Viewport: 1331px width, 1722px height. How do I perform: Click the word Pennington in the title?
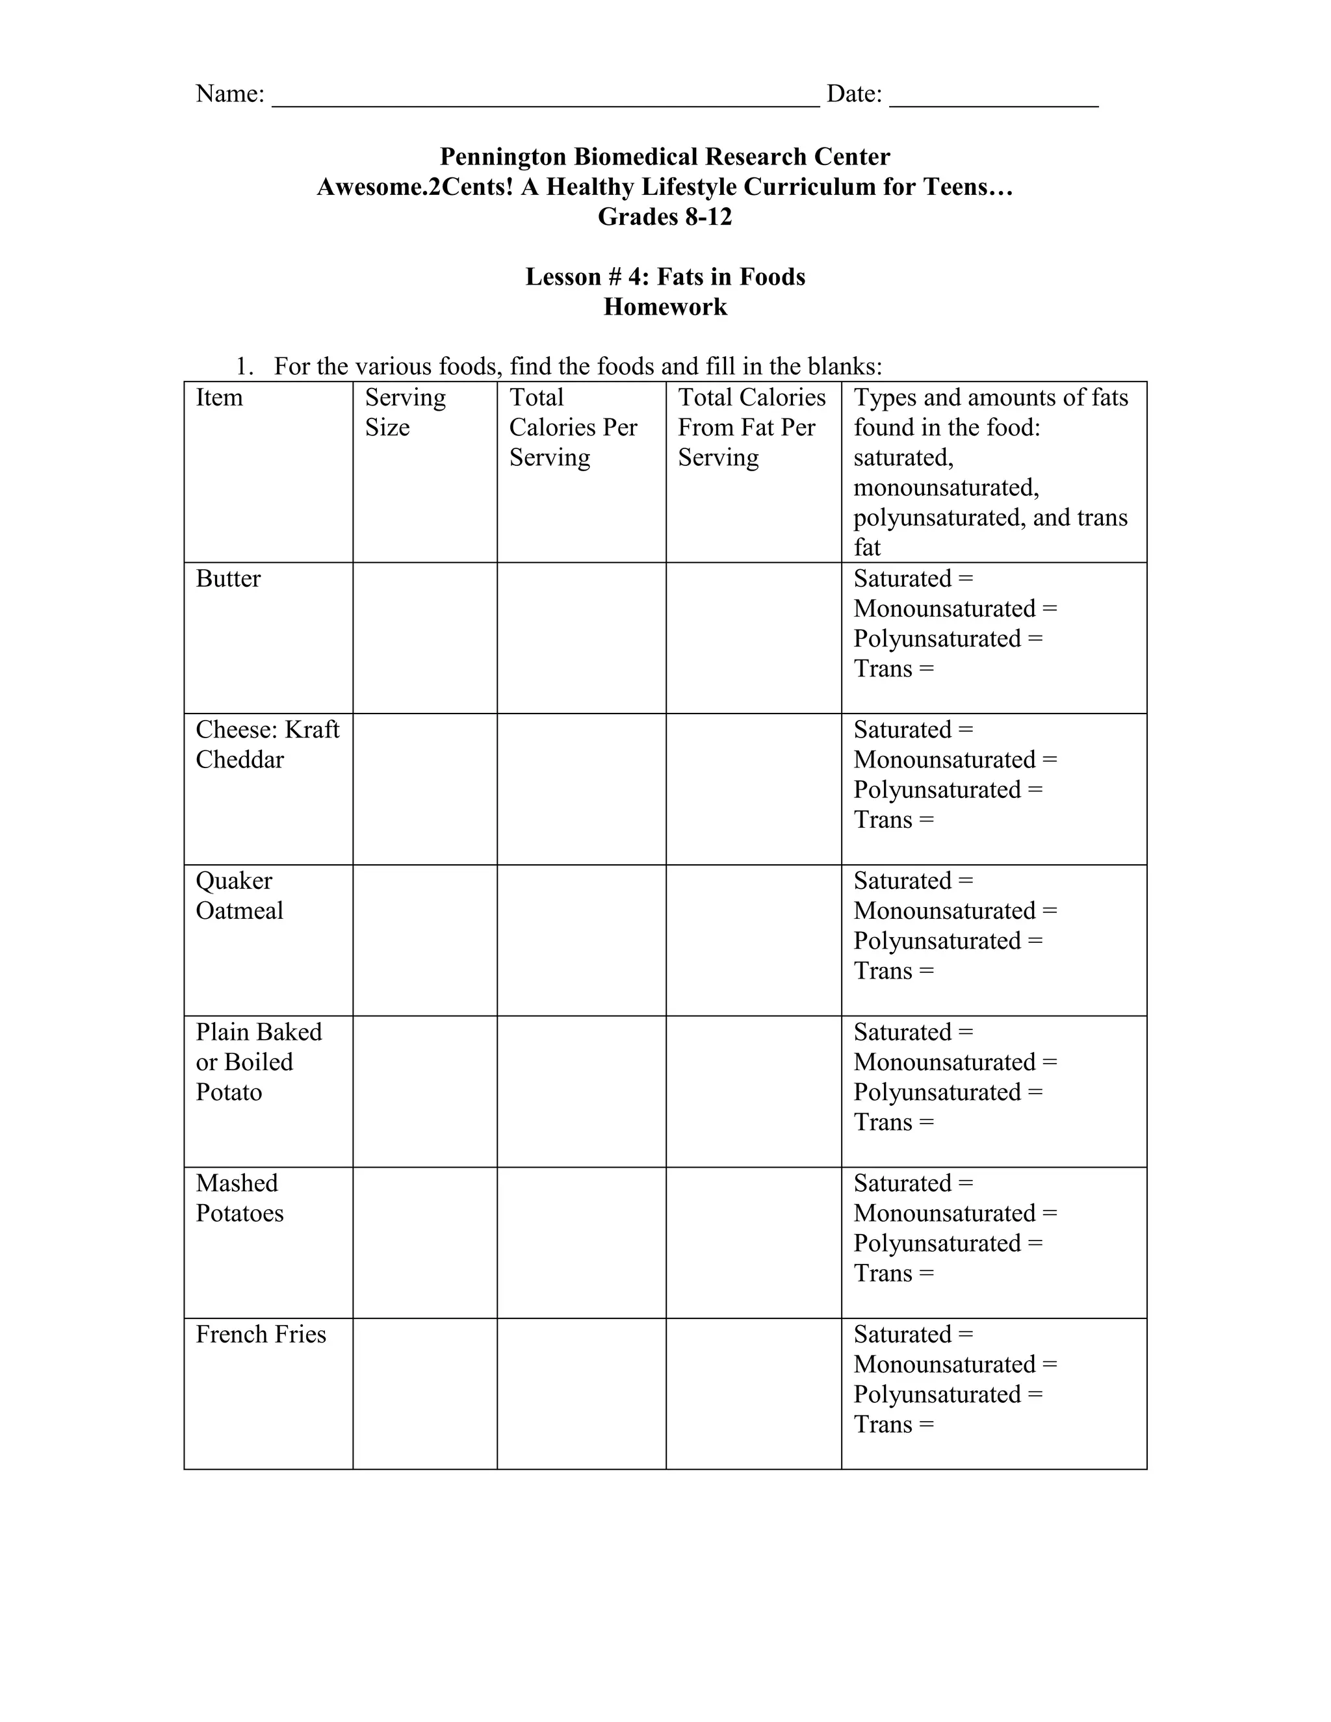point(503,157)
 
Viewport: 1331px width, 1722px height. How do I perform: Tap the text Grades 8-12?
point(665,217)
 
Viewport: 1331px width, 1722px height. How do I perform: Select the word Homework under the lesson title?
point(665,307)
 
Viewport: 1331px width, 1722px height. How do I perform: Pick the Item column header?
point(219,398)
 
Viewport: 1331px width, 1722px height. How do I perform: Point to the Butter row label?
point(228,579)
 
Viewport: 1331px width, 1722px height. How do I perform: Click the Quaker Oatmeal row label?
point(239,895)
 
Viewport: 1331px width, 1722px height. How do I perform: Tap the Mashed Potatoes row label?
point(239,1198)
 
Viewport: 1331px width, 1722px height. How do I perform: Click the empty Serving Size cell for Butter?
point(424,638)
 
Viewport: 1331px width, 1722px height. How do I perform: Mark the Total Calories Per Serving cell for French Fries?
point(581,1393)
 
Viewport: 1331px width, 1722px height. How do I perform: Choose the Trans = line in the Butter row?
point(894,669)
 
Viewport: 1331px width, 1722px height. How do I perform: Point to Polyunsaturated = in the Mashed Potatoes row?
point(948,1243)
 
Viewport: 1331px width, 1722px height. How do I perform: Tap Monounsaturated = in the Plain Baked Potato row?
point(955,1062)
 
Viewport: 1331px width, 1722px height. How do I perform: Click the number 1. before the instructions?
point(244,366)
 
